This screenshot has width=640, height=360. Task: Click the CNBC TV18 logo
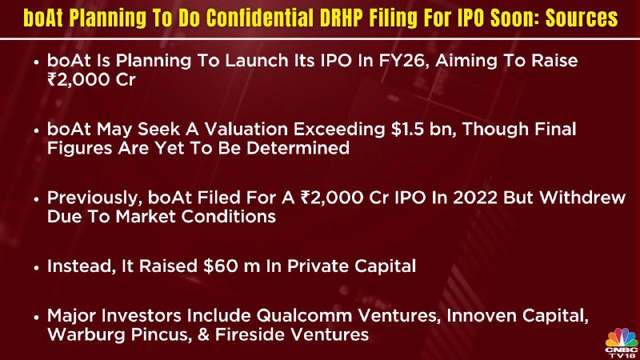pyautogui.click(x=622, y=343)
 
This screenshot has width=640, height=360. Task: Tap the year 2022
pyautogui.click(x=475, y=198)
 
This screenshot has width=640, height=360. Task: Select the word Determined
pyautogui.click(x=298, y=148)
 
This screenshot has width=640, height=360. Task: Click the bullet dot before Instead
pyautogui.click(x=37, y=268)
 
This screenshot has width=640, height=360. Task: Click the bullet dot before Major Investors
pyautogui.click(x=37, y=318)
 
